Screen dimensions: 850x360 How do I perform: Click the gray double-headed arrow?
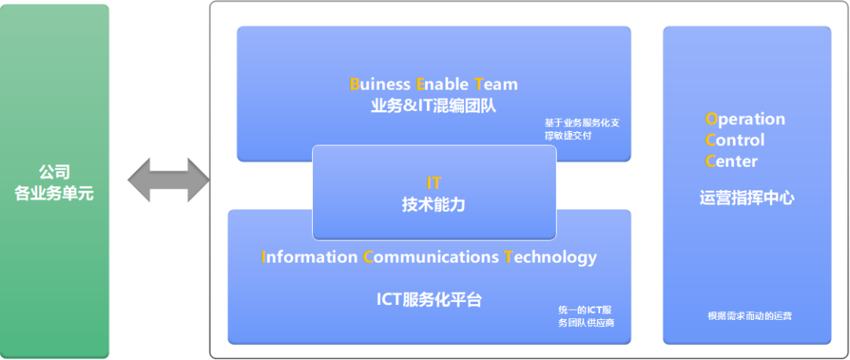point(168,180)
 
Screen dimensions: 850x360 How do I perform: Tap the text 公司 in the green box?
point(54,172)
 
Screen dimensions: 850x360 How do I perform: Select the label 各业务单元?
point(54,193)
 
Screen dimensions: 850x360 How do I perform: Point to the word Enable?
point(442,84)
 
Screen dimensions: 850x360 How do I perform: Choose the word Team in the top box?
point(496,84)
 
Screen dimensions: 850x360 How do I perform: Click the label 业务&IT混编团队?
point(434,106)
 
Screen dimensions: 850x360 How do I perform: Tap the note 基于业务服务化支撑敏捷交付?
point(582,129)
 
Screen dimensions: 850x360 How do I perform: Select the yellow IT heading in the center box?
point(434,182)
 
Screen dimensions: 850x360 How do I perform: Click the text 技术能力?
point(434,205)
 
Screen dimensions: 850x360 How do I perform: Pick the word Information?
point(310,256)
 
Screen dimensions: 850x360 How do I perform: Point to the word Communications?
point(431,256)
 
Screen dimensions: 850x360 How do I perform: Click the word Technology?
point(550,258)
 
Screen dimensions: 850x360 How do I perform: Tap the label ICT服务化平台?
point(429,299)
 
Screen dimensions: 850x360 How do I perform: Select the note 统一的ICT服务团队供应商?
point(586,317)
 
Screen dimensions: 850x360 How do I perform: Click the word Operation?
point(745,119)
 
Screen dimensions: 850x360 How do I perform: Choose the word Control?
point(734,140)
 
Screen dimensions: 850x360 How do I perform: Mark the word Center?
point(731,161)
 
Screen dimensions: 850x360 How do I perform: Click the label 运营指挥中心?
point(747,198)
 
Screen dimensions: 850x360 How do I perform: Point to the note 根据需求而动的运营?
point(749,316)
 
